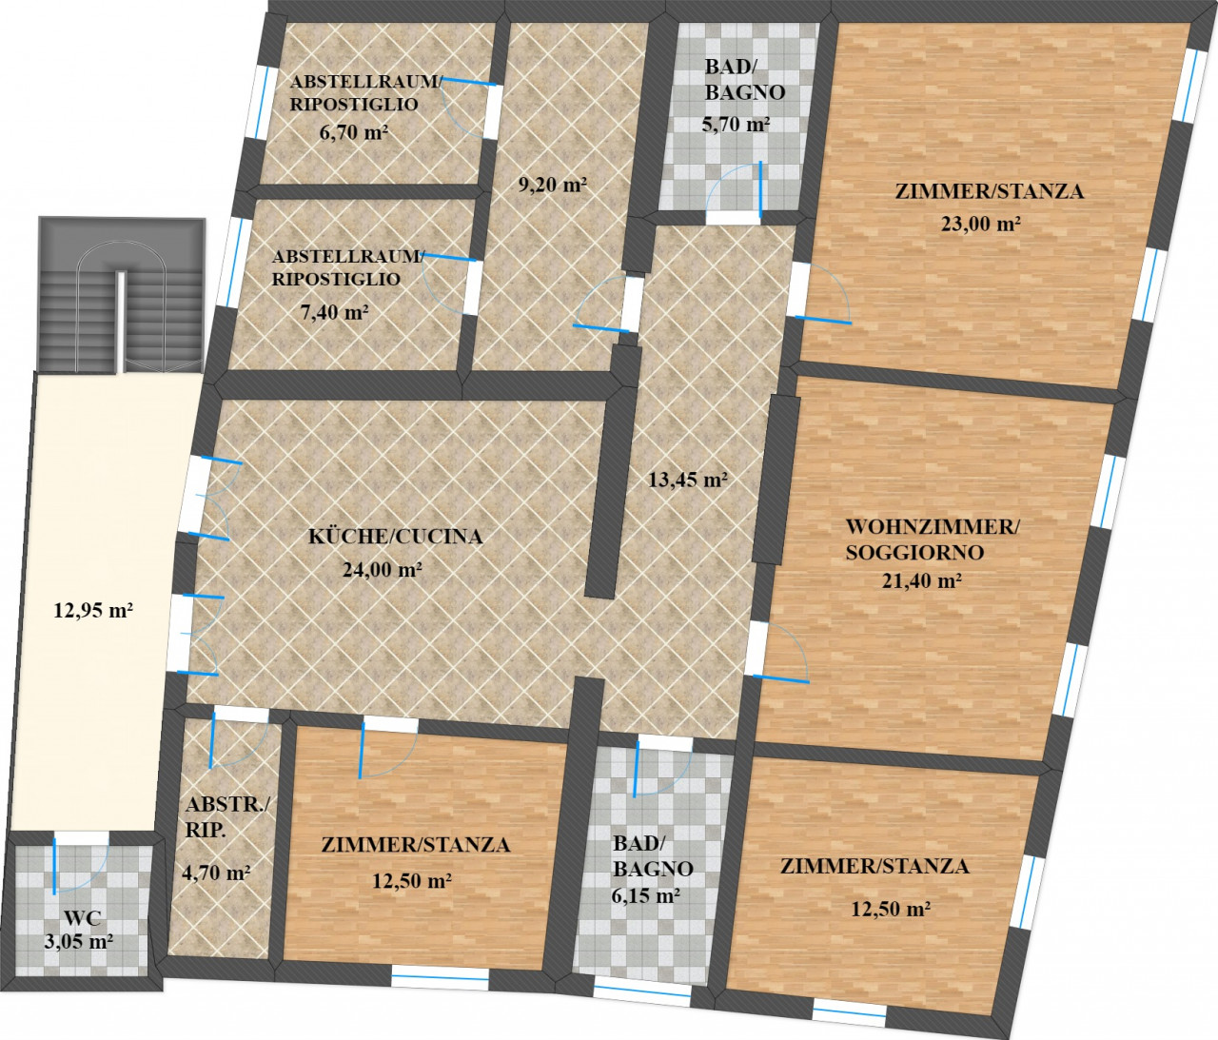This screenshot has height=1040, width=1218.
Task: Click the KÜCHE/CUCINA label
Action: tap(396, 537)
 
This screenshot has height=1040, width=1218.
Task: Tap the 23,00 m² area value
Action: tap(980, 224)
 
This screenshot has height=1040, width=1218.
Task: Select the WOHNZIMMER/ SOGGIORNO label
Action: tap(933, 540)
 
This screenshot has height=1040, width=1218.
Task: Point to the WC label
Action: tap(83, 917)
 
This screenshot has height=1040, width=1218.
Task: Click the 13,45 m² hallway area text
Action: tap(688, 480)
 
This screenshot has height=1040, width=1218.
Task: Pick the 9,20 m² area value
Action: tap(552, 185)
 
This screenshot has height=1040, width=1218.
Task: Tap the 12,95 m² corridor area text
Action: tap(93, 610)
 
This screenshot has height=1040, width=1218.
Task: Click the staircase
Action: tap(122, 295)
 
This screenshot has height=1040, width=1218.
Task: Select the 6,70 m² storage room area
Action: tap(354, 132)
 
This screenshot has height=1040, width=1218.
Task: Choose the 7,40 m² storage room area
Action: tap(335, 312)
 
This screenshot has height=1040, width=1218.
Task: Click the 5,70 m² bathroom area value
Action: tap(736, 125)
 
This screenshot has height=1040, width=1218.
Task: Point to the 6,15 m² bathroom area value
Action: tap(646, 895)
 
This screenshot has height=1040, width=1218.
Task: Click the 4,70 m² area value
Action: tap(216, 873)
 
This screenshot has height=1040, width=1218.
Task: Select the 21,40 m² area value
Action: tap(922, 581)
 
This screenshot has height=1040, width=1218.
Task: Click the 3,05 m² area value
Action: tap(79, 941)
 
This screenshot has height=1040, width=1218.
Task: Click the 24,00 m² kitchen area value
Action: tap(383, 569)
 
